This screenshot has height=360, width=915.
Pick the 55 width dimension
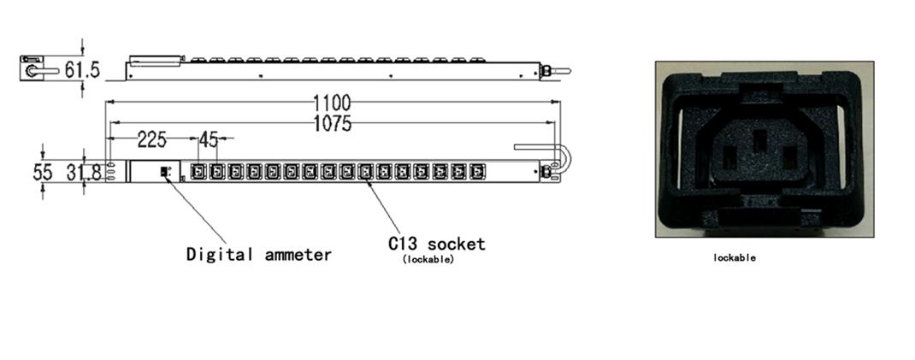pos(43,172)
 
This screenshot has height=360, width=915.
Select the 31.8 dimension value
pos(85,173)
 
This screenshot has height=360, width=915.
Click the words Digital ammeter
pos(258,254)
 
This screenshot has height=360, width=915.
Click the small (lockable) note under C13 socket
pos(428,260)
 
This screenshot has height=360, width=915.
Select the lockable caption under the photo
pos(734,257)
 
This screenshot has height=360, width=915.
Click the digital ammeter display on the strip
pos(164,172)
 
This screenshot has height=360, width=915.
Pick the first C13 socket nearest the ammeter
pos(199,172)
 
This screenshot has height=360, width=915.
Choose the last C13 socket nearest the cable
pos(478,172)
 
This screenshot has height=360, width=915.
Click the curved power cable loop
pos(564,162)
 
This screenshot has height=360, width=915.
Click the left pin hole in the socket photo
pos(729,157)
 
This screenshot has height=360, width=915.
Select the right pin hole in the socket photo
pos(790,157)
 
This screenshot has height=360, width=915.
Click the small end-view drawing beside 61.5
pos(35,69)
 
